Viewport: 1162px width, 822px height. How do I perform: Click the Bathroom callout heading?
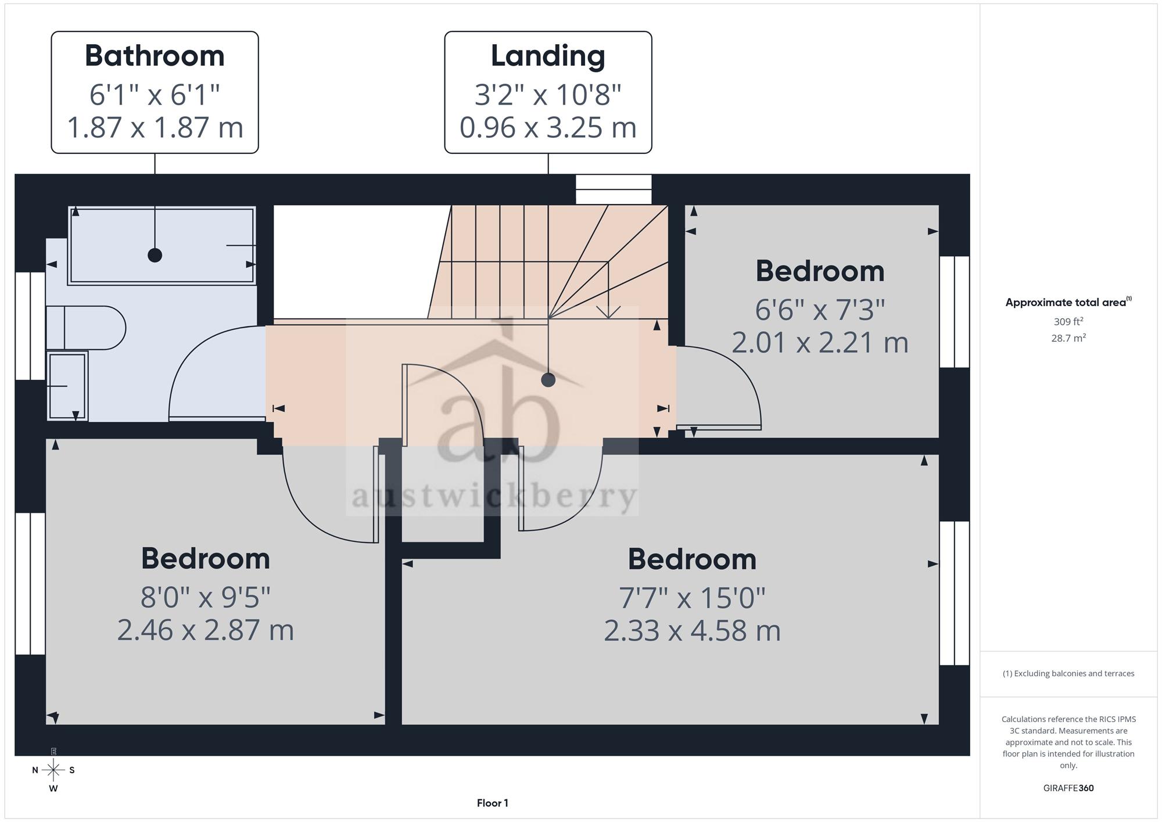tap(155, 56)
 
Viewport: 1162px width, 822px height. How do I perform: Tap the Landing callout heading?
tap(548, 57)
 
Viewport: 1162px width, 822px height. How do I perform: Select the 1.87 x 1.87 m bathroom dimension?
tap(155, 127)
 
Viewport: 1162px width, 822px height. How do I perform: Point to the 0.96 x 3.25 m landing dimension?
tap(548, 127)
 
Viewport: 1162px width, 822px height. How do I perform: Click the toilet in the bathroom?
tap(85, 328)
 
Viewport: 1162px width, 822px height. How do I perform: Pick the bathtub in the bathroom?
tap(162, 245)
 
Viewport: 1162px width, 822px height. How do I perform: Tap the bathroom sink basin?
tap(67, 386)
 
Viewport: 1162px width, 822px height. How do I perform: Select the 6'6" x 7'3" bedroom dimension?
tap(820, 310)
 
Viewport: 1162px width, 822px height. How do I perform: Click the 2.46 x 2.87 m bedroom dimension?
tap(206, 630)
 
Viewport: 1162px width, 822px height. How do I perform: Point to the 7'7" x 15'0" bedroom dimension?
tap(692, 597)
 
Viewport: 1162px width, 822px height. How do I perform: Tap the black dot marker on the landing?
tap(548, 380)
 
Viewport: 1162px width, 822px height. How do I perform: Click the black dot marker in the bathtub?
tap(155, 255)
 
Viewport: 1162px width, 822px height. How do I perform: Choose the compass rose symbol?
tap(53, 770)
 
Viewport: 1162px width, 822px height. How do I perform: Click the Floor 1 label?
tap(493, 803)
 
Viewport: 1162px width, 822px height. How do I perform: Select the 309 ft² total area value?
tap(1068, 321)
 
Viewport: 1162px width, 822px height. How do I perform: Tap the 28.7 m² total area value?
tap(1068, 338)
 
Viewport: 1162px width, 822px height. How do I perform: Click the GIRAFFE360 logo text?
tap(1068, 788)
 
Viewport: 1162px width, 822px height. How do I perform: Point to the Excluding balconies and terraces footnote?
tap(1068, 673)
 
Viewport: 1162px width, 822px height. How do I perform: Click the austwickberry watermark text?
tap(494, 497)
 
